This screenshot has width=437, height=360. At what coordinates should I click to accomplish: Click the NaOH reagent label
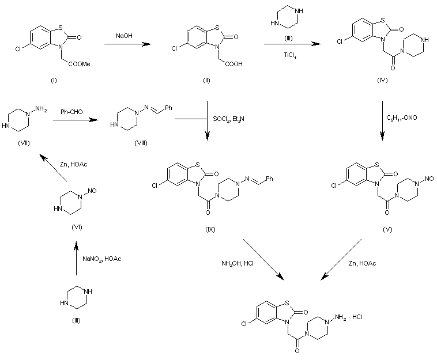(124, 36)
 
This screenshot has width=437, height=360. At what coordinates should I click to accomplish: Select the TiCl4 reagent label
(290, 55)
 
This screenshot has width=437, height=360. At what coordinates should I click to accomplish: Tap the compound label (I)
(54, 81)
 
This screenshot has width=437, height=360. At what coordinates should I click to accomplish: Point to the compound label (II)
(206, 81)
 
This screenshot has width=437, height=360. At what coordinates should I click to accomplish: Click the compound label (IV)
(382, 81)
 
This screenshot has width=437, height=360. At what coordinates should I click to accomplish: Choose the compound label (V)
(387, 229)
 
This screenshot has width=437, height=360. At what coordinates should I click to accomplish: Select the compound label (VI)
(77, 227)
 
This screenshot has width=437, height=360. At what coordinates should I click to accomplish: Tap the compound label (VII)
(24, 143)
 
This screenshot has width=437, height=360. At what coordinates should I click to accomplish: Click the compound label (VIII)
(141, 143)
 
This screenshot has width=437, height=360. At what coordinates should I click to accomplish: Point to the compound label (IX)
(210, 229)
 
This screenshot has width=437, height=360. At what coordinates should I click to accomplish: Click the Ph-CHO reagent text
(71, 112)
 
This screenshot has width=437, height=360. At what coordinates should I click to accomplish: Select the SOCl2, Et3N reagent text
(228, 119)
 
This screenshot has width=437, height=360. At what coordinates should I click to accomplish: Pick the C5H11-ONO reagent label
(402, 118)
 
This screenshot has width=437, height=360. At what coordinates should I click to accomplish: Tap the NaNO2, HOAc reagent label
(101, 259)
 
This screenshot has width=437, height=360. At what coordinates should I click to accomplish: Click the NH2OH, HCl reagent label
(238, 263)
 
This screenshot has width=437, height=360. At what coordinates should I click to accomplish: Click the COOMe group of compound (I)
(80, 64)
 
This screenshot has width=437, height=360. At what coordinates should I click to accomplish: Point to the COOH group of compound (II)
(234, 64)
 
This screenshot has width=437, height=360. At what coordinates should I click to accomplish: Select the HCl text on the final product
(357, 317)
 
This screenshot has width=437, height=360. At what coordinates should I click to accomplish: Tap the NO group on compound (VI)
(92, 191)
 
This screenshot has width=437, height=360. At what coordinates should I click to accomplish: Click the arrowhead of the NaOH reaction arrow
(146, 44)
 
